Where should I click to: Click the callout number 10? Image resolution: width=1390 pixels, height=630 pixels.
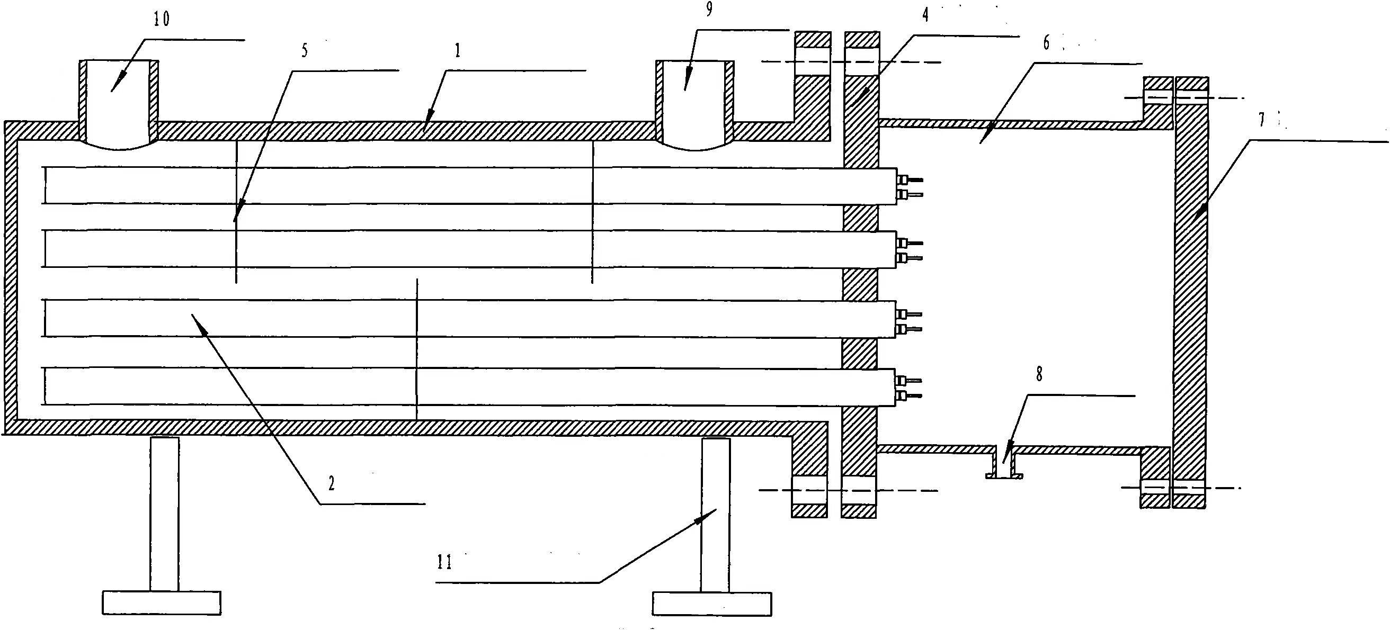[x=162, y=20]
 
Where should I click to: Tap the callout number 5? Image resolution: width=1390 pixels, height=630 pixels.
[x=305, y=51]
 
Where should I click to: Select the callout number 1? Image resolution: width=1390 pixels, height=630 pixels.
[x=458, y=51]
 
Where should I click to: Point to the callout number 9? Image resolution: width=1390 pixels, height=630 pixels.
[x=709, y=8]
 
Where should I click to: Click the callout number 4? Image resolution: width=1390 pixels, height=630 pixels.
[x=925, y=15]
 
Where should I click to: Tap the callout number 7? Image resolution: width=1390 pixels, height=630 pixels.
[x=1262, y=120]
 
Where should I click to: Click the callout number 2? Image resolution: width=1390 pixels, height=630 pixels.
[x=331, y=483]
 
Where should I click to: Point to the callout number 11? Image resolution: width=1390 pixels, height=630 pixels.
[x=444, y=563]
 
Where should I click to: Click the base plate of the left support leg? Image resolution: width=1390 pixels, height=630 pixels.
[x=162, y=603]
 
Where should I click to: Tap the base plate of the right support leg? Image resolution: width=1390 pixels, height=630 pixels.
[x=712, y=604]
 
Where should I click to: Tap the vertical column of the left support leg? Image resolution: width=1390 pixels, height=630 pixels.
[x=165, y=514]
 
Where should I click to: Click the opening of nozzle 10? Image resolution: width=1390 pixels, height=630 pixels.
[x=119, y=103]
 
